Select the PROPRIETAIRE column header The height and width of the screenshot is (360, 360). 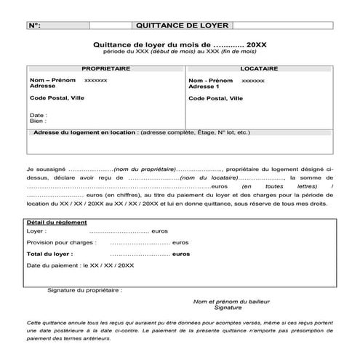(x=105, y=68)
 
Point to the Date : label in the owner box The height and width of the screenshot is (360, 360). (x=39, y=115)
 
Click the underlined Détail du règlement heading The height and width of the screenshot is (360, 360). (x=57, y=222)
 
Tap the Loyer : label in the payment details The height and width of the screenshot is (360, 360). (x=36, y=231)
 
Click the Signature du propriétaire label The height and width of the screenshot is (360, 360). (x=84, y=289)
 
